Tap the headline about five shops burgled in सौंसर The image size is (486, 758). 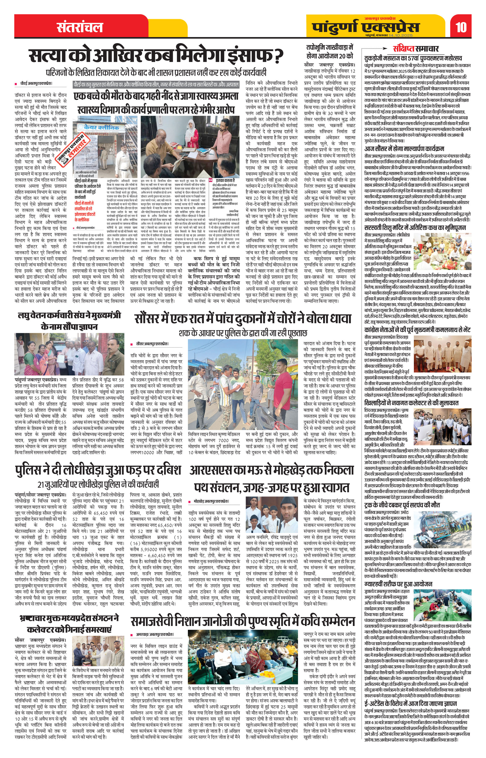click(x=243, y=319)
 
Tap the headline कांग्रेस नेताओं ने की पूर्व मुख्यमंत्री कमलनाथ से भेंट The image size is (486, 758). click(x=415, y=330)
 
